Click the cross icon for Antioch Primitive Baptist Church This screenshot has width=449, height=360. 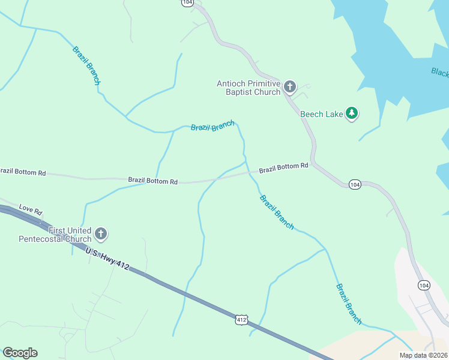pyautogui.click(x=289, y=88)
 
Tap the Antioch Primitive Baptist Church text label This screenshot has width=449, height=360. pyautogui.click(x=249, y=88)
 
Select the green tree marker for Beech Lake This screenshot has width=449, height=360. pyautogui.click(x=352, y=113)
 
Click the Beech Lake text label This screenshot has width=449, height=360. pyautogui.click(x=321, y=114)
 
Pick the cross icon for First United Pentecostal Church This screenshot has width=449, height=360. pyautogui.click(x=101, y=234)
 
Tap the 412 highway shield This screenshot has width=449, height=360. pyautogui.click(x=241, y=320)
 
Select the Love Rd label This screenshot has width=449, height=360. pyautogui.click(x=31, y=210)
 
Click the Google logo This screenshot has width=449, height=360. pyautogui.click(x=20, y=353)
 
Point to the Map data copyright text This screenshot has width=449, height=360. pyautogui.click(x=423, y=355)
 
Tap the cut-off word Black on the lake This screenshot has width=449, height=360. pyautogui.click(x=440, y=73)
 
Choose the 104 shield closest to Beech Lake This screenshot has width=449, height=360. pyautogui.click(x=354, y=184)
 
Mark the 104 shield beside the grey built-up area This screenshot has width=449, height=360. pyautogui.click(x=423, y=284)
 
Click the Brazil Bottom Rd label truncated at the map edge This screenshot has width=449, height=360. pyautogui.click(x=23, y=172)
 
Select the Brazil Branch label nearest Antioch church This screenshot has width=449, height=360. pyautogui.click(x=212, y=126)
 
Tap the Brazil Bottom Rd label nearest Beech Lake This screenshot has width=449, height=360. pyautogui.click(x=283, y=169)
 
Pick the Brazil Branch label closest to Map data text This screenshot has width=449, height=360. pyautogui.click(x=349, y=304)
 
